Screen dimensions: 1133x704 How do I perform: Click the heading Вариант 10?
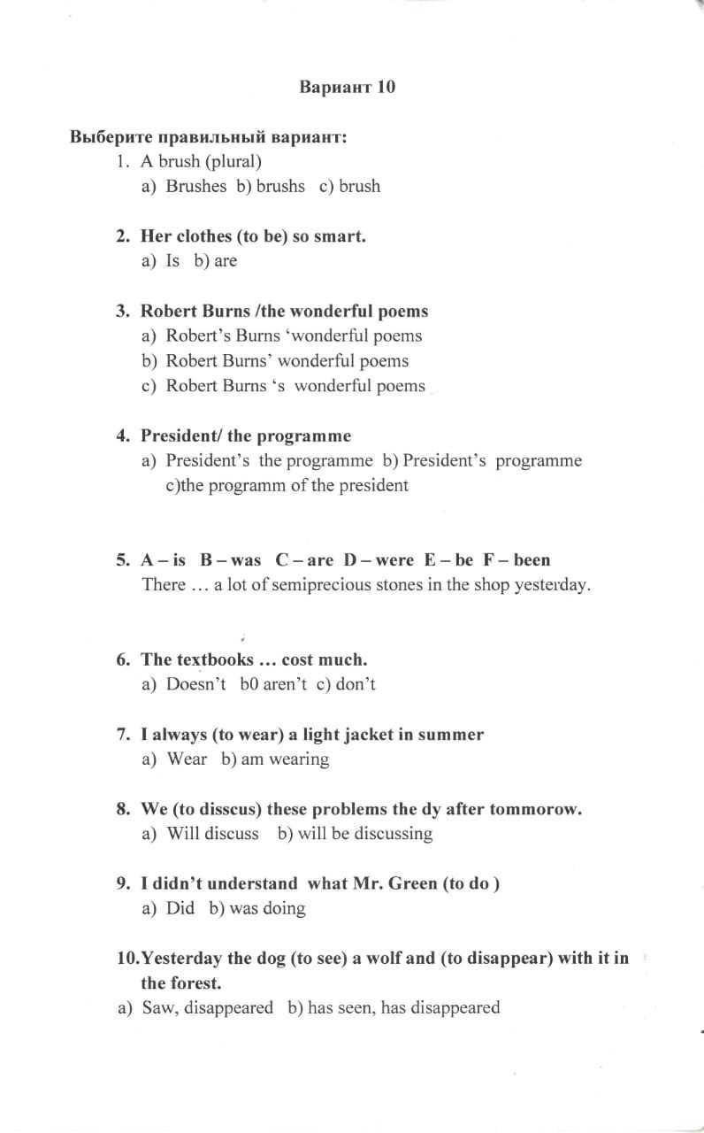348,87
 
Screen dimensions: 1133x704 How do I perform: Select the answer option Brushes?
196,187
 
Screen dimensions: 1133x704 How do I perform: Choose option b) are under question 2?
225,261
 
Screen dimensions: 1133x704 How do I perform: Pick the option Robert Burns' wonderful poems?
287,361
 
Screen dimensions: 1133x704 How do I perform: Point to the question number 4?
122,436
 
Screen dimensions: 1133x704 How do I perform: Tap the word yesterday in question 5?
551,585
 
